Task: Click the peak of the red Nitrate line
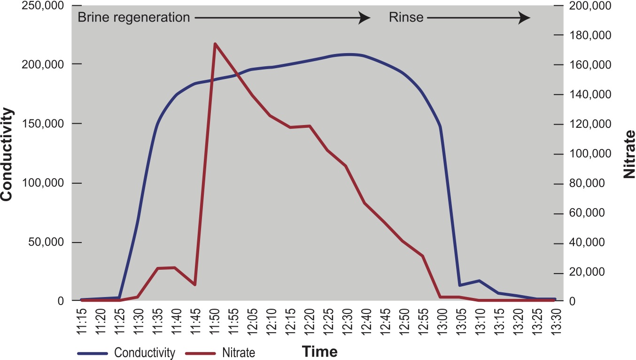[x=215, y=44]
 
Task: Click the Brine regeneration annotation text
[x=134, y=18]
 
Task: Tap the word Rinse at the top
[x=406, y=18]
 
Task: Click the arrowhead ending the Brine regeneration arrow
[x=365, y=18]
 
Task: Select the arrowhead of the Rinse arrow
[x=524, y=18]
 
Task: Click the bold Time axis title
[x=319, y=352]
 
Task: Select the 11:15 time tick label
[x=81, y=322]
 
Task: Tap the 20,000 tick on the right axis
[x=590, y=274]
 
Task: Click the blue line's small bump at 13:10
[x=479, y=281]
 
